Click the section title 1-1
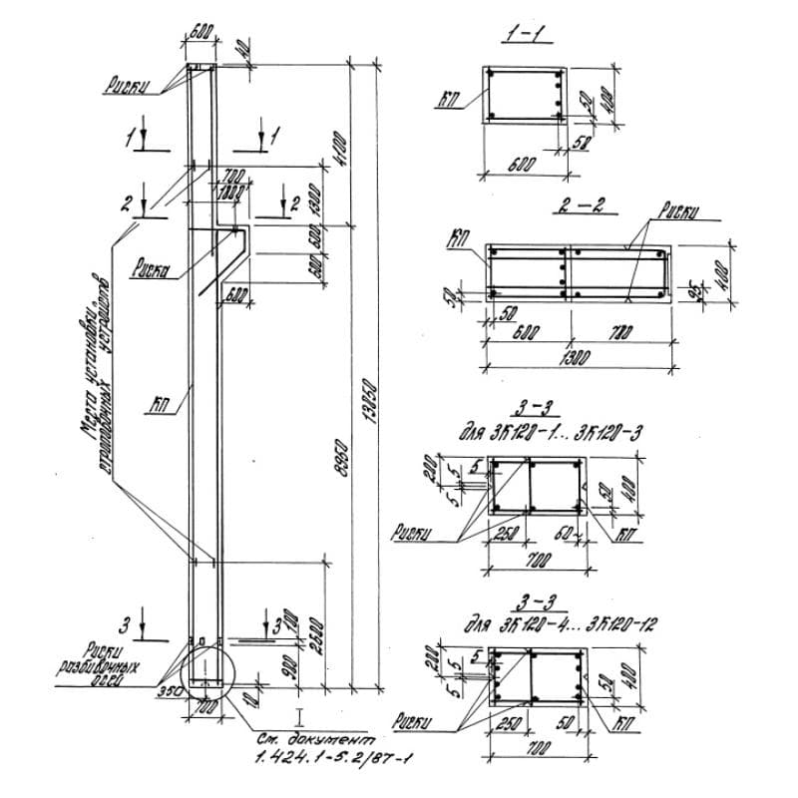(x=523, y=35)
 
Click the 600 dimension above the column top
(x=200, y=33)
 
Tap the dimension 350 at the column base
(x=167, y=689)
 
